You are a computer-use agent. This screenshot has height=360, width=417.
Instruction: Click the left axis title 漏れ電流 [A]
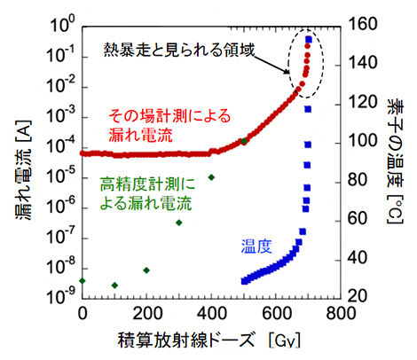pos(17,157)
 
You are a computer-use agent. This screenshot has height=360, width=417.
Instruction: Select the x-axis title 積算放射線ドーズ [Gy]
pos(209,342)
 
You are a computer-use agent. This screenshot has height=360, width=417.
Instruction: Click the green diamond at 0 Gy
pos(83,281)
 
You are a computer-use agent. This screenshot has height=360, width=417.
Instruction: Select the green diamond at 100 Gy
pos(114,286)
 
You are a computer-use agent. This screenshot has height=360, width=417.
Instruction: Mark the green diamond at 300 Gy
pos(179,222)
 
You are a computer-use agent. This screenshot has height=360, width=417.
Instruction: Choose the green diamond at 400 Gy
pos(211,177)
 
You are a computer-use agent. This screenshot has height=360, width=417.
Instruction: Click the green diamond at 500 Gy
pos(244,141)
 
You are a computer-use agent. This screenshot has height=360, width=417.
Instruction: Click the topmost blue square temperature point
pos(308,39)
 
